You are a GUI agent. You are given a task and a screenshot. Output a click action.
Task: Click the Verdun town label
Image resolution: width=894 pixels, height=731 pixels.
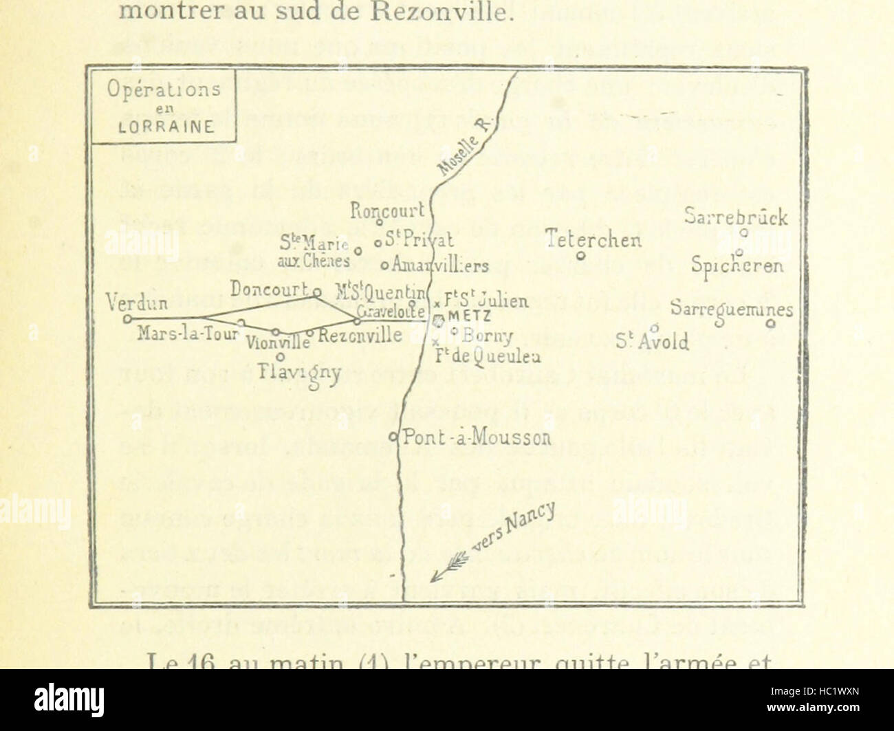pos(138,303)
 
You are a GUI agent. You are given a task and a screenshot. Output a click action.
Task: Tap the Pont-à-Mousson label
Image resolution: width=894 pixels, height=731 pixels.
pos(477,437)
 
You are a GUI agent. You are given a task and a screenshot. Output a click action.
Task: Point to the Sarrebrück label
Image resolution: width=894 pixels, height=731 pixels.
pos(736,217)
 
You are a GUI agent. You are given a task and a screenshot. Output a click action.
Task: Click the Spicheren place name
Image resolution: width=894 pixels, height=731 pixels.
pos(738,265)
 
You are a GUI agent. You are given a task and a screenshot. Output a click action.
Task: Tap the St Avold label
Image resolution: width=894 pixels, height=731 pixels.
pos(653,341)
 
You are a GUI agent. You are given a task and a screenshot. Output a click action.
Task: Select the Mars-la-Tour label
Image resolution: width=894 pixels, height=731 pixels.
pos(187,334)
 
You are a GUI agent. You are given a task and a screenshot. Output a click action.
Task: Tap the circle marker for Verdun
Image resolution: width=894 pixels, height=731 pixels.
pos(127,318)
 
